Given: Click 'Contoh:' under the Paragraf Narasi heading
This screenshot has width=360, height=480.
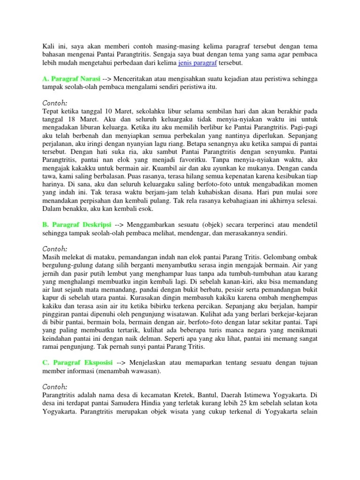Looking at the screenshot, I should pyautogui.click(x=55, y=103).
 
